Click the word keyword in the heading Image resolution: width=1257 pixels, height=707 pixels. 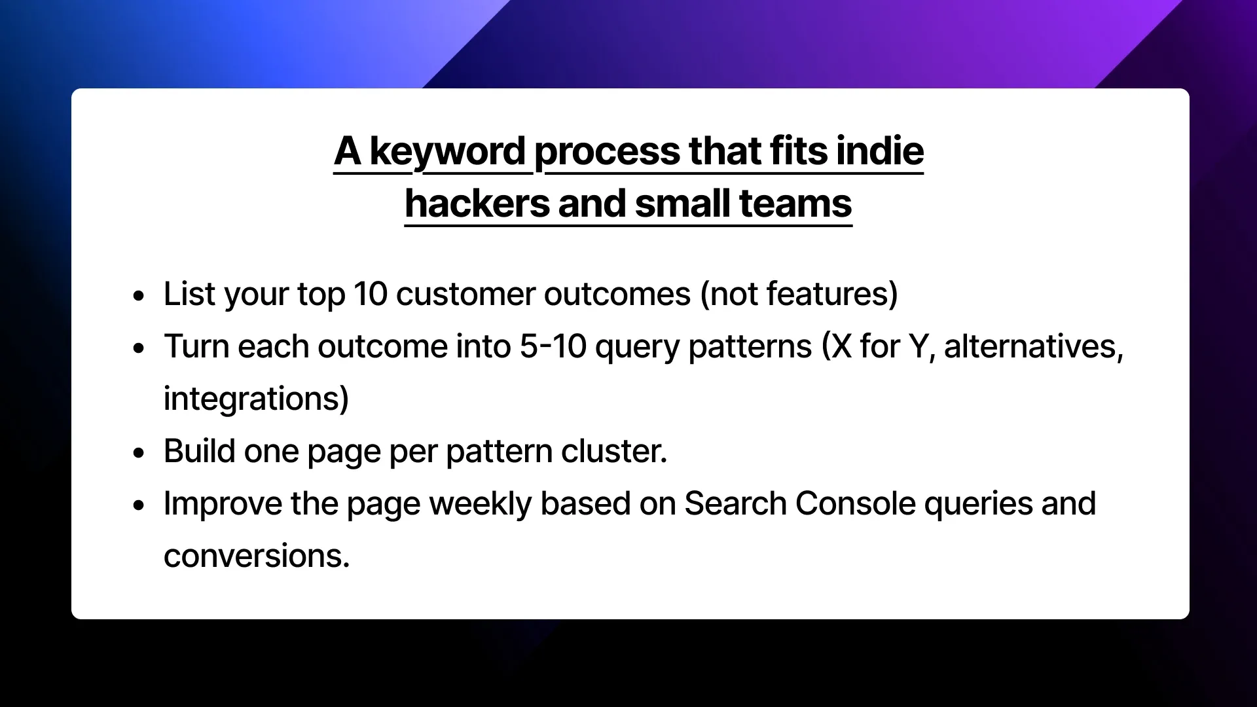coord(448,151)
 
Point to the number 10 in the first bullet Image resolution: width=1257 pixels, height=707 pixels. coord(371,294)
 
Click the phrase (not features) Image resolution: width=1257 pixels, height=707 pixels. coord(799,294)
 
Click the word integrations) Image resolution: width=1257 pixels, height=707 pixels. coord(256,399)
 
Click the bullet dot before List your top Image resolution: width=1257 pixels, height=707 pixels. coord(138,295)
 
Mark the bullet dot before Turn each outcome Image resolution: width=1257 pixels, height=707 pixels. coord(138,348)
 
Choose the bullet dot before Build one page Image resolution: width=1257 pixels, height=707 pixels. coord(138,452)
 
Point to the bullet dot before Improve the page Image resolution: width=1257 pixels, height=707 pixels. coord(138,505)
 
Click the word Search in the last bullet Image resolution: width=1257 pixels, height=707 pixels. coord(735,503)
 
